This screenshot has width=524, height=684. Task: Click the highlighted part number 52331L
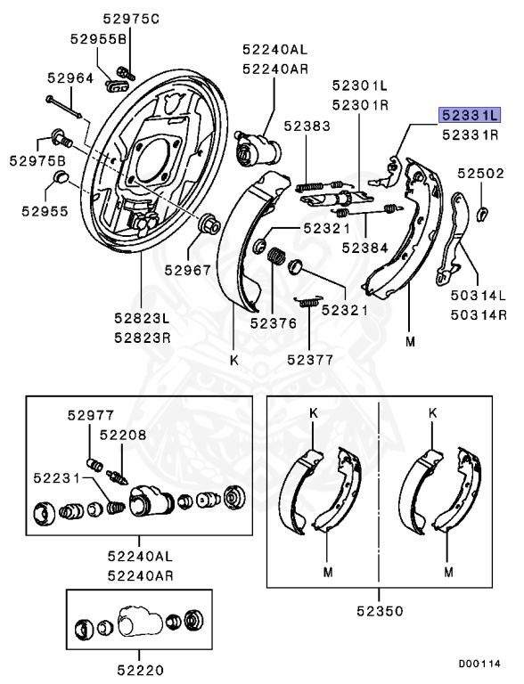[470, 115]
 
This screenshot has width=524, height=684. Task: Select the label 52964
[70, 78]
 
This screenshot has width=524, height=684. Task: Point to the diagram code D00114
[479, 664]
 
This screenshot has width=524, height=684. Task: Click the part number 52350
[380, 611]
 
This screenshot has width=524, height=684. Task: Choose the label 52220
[140, 670]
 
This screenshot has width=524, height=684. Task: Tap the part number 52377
[310, 360]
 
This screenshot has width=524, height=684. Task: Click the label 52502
[480, 174]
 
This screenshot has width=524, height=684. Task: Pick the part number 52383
[307, 126]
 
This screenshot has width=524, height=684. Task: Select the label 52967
[188, 271]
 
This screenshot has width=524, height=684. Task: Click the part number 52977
[91, 415]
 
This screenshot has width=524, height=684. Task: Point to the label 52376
[274, 323]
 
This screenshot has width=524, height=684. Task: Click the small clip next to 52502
[482, 213]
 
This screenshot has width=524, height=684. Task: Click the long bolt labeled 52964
[64, 107]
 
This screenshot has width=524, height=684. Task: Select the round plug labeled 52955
[60, 177]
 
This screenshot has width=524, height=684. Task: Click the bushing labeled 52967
[209, 224]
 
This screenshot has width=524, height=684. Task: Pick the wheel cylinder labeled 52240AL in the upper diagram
[258, 148]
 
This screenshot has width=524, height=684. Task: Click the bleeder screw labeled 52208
[118, 476]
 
